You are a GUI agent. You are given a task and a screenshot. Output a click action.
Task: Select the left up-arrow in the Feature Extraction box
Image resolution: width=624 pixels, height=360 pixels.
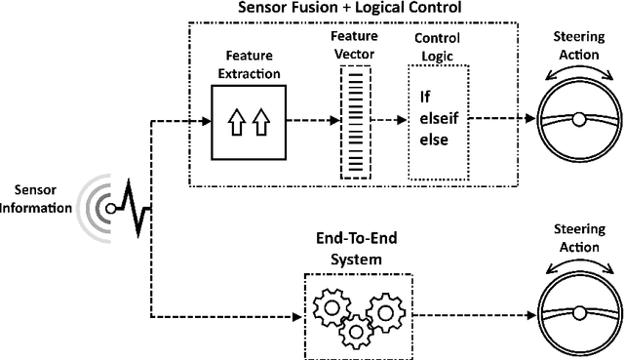click(235, 122)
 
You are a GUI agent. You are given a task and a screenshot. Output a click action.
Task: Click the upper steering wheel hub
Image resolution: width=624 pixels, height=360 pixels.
click(579, 121)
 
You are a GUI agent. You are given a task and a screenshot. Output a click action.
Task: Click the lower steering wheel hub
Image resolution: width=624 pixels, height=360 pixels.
click(579, 313)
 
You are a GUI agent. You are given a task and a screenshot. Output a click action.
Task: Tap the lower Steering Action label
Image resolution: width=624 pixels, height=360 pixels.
click(579, 237)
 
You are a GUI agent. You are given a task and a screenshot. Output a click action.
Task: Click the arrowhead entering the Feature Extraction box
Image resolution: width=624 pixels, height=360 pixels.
click(207, 121)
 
